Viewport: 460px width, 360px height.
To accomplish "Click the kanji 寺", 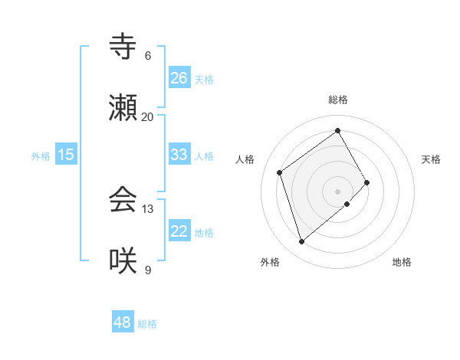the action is click(x=123, y=47).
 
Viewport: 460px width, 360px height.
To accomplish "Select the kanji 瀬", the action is click(x=123, y=108).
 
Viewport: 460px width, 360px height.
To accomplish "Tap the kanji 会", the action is click(x=123, y=200).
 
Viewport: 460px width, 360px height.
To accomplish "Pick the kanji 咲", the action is click(x=123, y=261).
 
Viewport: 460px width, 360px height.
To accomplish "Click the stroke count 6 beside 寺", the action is click(x=148, y=56).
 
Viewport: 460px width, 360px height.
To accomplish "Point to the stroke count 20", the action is click(x=148, y=117).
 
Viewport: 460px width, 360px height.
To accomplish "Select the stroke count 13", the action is click(x=148, y=209).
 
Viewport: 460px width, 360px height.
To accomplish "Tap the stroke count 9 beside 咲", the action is click(x=148, y=270).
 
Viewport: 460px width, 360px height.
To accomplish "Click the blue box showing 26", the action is click(x=179, y=78).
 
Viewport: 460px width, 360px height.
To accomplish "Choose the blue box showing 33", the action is click(x=179, y=155).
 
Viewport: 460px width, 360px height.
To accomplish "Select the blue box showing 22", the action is click(x=179, y=231).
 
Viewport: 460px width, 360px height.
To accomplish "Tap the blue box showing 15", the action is click(x=66, y=155).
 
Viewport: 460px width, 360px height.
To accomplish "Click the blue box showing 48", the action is click(x=123, y=322).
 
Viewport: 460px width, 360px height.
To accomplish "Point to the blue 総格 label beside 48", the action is click(x=147, y=324).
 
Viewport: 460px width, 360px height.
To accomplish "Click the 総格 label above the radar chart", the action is click(x=338, y=100).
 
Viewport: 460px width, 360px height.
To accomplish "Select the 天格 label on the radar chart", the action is click(x=432, y=159).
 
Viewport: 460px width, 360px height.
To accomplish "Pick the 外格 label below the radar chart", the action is click(x=270, y=262).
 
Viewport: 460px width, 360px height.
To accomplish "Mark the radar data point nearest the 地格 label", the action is click(x=347, y=204).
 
